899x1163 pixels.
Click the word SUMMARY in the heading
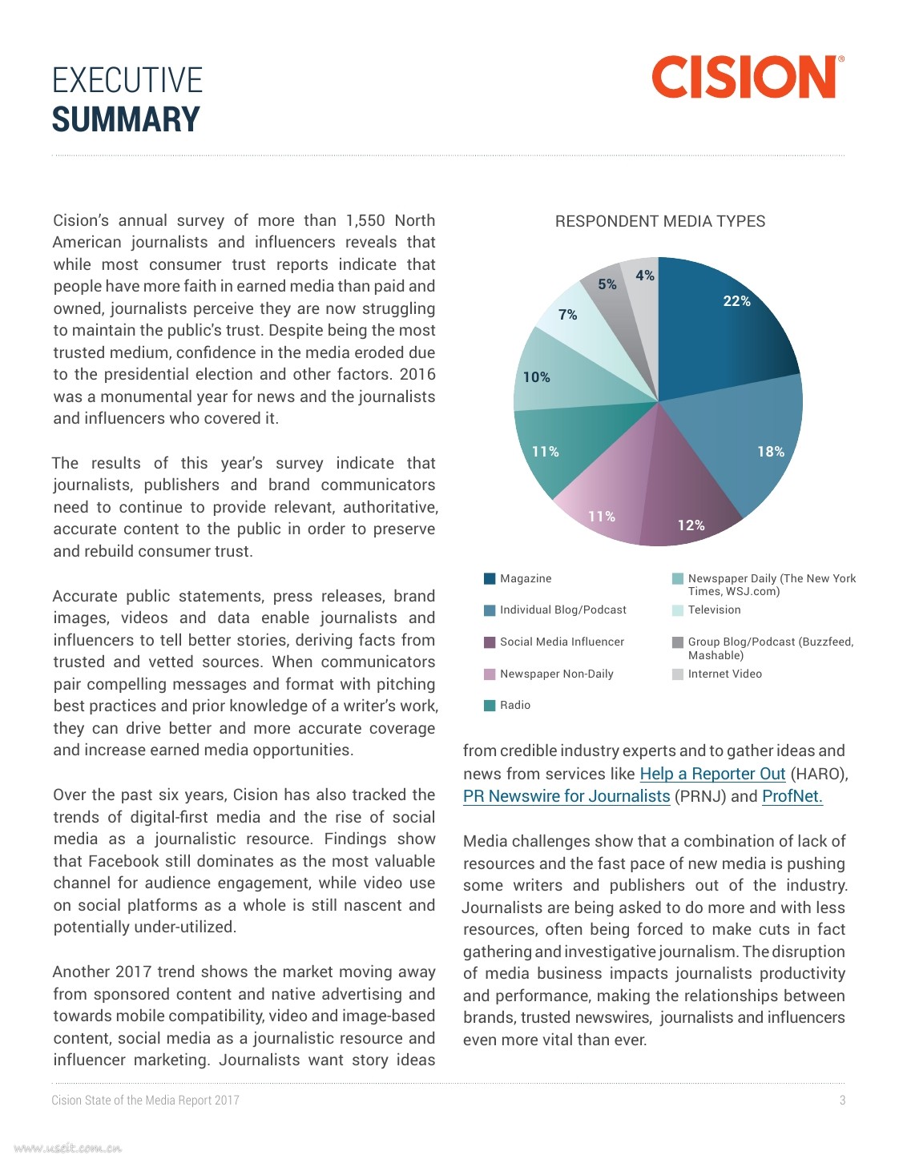(x=126, y=120)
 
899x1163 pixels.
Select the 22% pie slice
(x=721, y=328)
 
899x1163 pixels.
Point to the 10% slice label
(x=536, y=377)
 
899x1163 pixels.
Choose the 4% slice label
(x=645, y=276)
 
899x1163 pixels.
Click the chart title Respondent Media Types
(x=659, y=221)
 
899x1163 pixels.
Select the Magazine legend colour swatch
(x=490, y=578)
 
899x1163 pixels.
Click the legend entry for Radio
(x=515, y=705)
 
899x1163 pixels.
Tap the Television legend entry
(x=714, y=610)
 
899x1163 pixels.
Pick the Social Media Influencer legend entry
(x=562, y=642)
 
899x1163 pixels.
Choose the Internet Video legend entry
(x=724, y=674)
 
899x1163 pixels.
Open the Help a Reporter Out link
(x=712, y=774)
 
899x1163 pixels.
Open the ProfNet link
(x=792, y=796)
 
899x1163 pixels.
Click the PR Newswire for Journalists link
(x=566, y=796)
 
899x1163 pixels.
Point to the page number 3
(x=842, y=1100)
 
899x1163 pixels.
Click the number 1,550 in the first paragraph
(x=365, y=220)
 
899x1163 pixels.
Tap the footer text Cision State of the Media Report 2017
(x=145, y=1100)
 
